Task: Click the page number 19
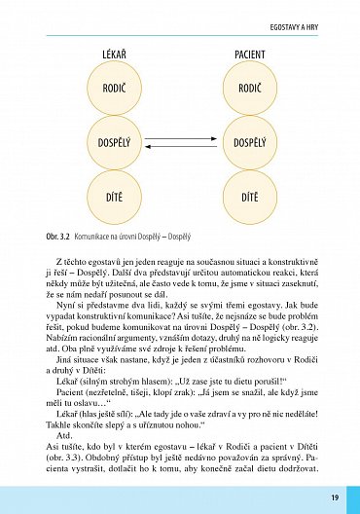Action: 334,497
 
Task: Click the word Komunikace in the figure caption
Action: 96,237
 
